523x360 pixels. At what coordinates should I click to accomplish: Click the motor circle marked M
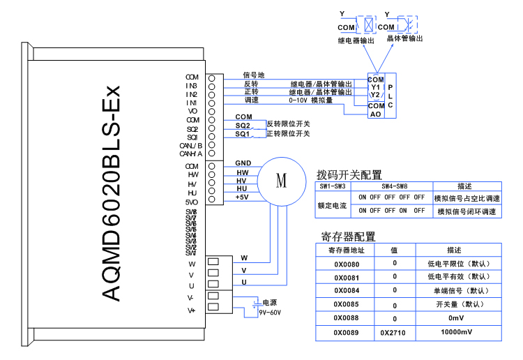(x=281, y=181)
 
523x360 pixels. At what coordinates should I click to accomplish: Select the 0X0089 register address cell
(x=346, y=333)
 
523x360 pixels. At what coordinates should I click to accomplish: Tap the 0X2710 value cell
(x=395, y=333)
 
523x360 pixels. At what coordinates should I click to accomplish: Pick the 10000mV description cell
(x=457, y=333)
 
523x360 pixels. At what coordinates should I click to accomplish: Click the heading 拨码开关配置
(x=349, y=174)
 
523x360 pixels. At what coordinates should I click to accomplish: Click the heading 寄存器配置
(x=347, y=237)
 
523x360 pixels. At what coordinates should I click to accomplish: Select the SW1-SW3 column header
(x=334, y=187)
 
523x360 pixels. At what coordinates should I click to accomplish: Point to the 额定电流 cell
(x=333, y=205)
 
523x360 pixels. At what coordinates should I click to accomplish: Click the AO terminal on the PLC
(x=375, y=114)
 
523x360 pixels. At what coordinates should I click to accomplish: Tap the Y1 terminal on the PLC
(x=375, y=87)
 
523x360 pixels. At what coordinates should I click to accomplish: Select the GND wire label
(x=243, y=163)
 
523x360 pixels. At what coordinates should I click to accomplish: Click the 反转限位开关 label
(x=289, y=123)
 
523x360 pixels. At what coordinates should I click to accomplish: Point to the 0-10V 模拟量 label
(x=311, y=100)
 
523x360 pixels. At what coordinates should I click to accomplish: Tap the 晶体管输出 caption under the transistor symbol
(x=404, y=40)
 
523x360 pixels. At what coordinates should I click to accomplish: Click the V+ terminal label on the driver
(x=191, y=310)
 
